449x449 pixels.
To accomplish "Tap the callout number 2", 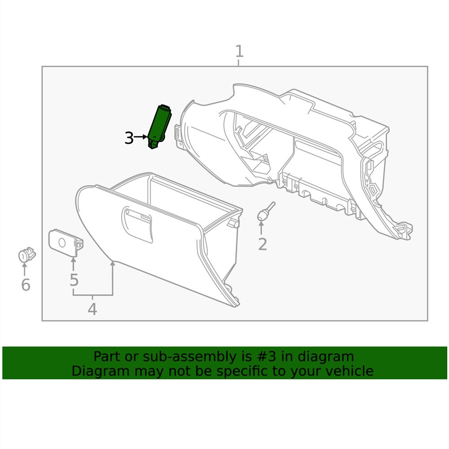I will [x=262, y=244].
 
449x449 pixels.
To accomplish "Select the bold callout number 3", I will [x=129, y=138].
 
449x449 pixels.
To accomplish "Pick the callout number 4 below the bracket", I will [x=92, y=309].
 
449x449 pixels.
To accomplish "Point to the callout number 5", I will [x=74, y=280].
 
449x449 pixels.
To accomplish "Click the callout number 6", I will [x=26, y=284].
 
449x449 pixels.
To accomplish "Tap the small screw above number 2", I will [x=265, y=212].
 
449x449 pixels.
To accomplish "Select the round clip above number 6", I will [x=26, y=255].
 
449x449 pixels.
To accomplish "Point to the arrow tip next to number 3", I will [x=147, y=136].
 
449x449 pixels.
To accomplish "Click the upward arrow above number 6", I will [x=25, y=268].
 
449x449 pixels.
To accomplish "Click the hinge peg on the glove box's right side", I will [x=232, y=223].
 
